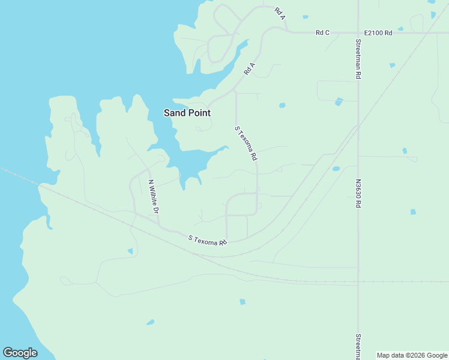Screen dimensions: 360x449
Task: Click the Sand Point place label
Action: click(187, 113)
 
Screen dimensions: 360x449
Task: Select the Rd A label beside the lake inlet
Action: click(250, 68)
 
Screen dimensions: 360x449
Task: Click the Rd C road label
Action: click(323, 32)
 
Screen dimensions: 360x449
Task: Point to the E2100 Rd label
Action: click(378, 32)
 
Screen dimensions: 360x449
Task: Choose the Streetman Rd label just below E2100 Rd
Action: click(358, 59)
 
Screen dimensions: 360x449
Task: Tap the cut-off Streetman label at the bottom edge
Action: click(358, 347)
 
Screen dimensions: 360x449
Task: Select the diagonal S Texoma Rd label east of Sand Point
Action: click(246, 143)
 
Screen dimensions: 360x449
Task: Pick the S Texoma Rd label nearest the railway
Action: click(208, 240)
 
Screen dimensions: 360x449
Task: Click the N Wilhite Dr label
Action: click(152, 197)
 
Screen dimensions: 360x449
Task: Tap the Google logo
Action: click(20, 353)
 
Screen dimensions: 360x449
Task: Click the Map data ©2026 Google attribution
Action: click(412, 355)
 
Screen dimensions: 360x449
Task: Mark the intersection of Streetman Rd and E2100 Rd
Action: click(358, 32)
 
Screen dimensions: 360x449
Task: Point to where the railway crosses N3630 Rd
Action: click(358, 281)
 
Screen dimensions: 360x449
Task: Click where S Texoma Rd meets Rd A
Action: click(235, 92)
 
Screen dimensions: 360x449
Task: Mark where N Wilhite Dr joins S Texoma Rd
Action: click(160, 226)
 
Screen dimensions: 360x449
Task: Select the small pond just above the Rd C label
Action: click(306, 17)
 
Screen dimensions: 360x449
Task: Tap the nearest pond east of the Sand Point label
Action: click(282, 106)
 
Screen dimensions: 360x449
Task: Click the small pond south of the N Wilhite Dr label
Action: click(130, 251)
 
